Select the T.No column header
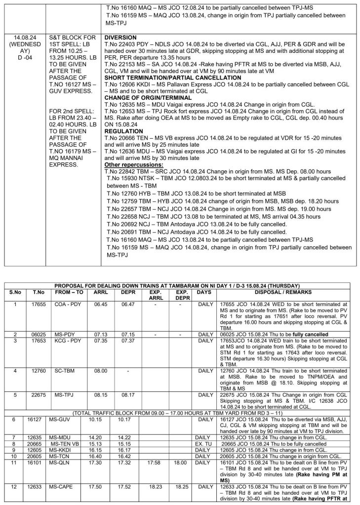tap(39, 292)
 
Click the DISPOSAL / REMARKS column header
tap(283, 292)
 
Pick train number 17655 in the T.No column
tap(39, 305)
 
